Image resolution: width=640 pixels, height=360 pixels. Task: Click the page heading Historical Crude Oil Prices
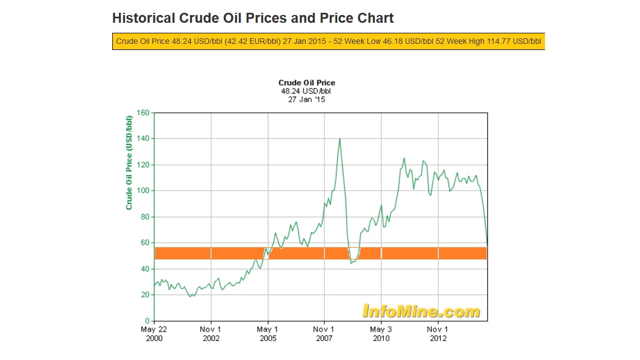[253, 18]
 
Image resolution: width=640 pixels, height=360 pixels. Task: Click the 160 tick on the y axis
[144, 113]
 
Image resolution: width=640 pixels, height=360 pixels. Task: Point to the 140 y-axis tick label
[144, 139]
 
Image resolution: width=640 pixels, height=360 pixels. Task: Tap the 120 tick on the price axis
[144, 165]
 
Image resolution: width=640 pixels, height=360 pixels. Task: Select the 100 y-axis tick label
[144, 191]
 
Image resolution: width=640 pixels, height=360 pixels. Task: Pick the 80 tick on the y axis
[146, 217]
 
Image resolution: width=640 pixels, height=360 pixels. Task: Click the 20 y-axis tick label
[146, 295]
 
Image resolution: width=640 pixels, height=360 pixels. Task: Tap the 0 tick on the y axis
[148, 321]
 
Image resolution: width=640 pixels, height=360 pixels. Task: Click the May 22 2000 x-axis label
[154, 333]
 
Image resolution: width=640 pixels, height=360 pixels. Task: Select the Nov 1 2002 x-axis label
[211, 333]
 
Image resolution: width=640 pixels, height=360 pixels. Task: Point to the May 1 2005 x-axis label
[268, 333]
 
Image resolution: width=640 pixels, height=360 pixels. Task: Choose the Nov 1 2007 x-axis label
[324, 333]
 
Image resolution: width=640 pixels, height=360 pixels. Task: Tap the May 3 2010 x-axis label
[381, 333]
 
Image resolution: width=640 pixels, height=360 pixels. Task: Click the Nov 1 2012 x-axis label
[438, 333]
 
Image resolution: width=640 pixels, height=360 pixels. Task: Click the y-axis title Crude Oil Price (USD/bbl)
[129, 162]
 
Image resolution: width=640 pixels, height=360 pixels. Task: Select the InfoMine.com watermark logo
[421, 311]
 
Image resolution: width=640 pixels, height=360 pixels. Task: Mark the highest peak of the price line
[339, 138]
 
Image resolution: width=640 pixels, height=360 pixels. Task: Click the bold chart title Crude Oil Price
[307, 83]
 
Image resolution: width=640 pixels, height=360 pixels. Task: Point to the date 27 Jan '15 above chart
[307, 99]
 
